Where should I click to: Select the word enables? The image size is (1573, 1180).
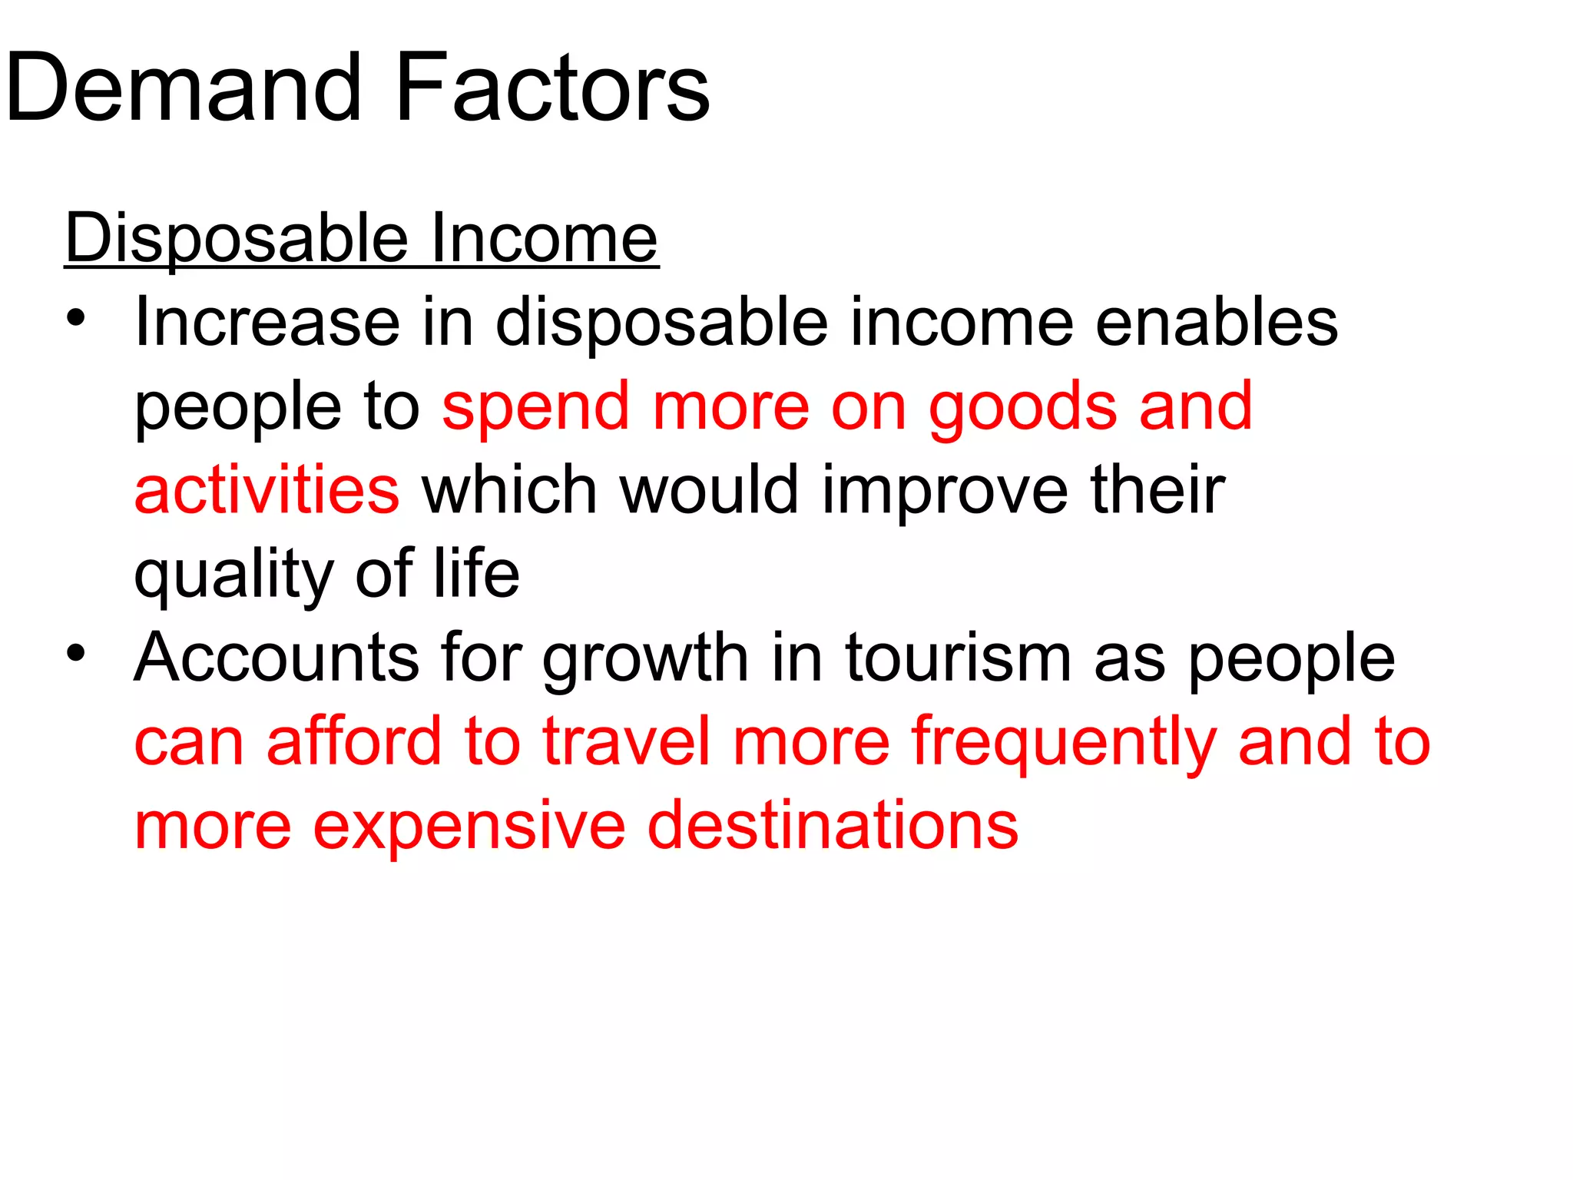1217,322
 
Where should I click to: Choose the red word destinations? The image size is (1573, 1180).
833,826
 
